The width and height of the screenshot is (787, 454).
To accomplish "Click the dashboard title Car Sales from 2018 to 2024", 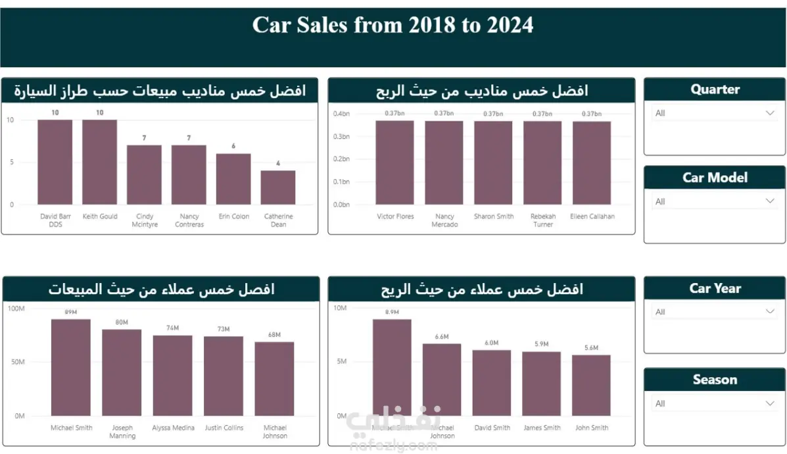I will [x=393, y=26].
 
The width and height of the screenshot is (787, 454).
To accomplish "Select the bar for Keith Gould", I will [x=99, y=163].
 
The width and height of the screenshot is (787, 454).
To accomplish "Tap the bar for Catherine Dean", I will [x=278, y=188].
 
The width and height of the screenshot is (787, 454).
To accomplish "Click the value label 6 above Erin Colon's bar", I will [x=233, y=146].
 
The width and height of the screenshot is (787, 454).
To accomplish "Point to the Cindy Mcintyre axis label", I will [x=144, y=220].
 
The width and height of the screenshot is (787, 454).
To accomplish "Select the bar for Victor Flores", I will [x=395, y=163].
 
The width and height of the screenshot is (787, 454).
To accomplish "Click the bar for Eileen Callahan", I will [x=592, y=163].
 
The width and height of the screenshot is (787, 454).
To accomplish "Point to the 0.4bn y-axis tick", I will [x=341, y=114].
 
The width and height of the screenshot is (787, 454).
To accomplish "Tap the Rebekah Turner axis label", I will [x=543, y=220].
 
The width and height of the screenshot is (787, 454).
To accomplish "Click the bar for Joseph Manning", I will [x=122, y=372].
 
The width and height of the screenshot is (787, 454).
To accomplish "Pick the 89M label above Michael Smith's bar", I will [x=71, y=313].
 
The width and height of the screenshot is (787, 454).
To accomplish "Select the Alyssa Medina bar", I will [x=173, y=376].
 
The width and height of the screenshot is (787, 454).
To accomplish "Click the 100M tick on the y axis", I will [x=16, y=307].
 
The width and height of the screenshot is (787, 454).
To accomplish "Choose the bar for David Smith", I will [x=492, y=383].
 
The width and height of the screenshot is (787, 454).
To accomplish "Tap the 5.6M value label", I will [x=591, y=348].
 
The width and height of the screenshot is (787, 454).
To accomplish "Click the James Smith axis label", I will [x=542, y=428].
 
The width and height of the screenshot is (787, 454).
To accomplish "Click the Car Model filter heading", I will [x=715, y=178].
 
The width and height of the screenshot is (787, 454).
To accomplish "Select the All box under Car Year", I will [x=714, y=312].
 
